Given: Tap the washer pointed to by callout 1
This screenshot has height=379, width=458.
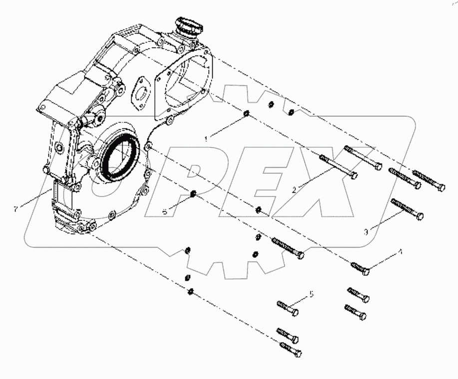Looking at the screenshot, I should (x=246, y=114).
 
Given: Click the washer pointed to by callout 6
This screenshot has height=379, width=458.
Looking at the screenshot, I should (x=193, y=194).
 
